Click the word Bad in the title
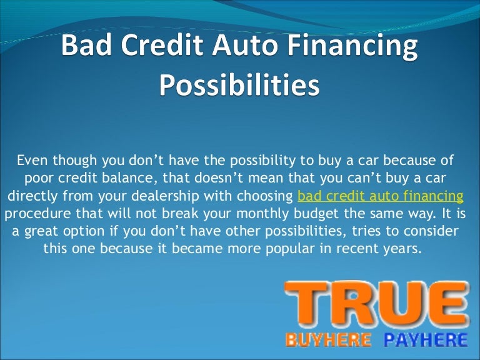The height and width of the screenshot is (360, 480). tap(85, 49)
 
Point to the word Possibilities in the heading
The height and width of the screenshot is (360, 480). tap(239, 86)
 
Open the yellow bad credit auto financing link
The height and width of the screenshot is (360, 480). tap(381, 196)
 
